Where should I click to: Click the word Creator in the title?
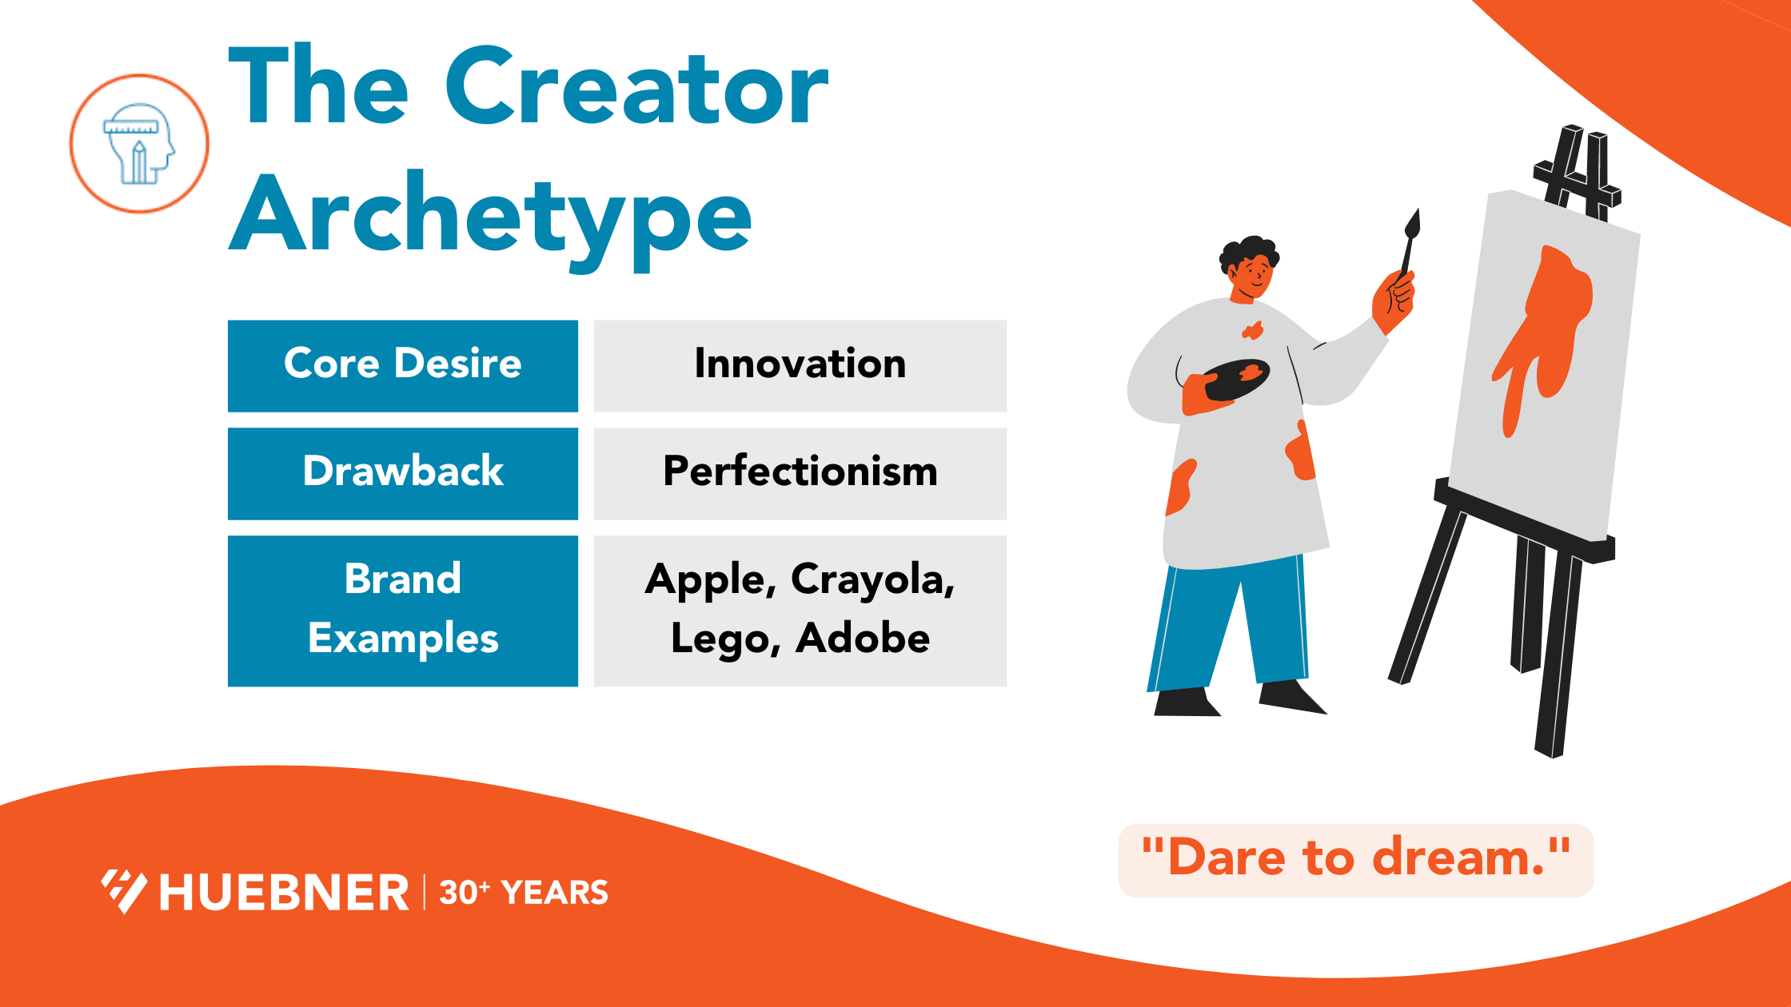(x=637, y=87)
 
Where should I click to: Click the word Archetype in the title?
(x=490, y=216)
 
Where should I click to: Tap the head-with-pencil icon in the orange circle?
(x=139, y=144)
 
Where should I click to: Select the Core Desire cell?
(x=403, y=365)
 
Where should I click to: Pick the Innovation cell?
(x=800, y=365)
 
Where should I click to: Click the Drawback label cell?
(x=403, y=472)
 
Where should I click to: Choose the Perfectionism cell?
(x=800, y=472)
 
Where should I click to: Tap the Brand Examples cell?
(x=403, y=610)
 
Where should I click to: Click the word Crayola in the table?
(x=872, y=579)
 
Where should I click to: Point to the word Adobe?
(x=863, y=639)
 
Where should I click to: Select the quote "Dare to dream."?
(x=1355, y=859)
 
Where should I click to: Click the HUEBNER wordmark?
(x=284, y=893)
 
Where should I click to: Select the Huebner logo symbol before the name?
(x=124, y=891)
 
